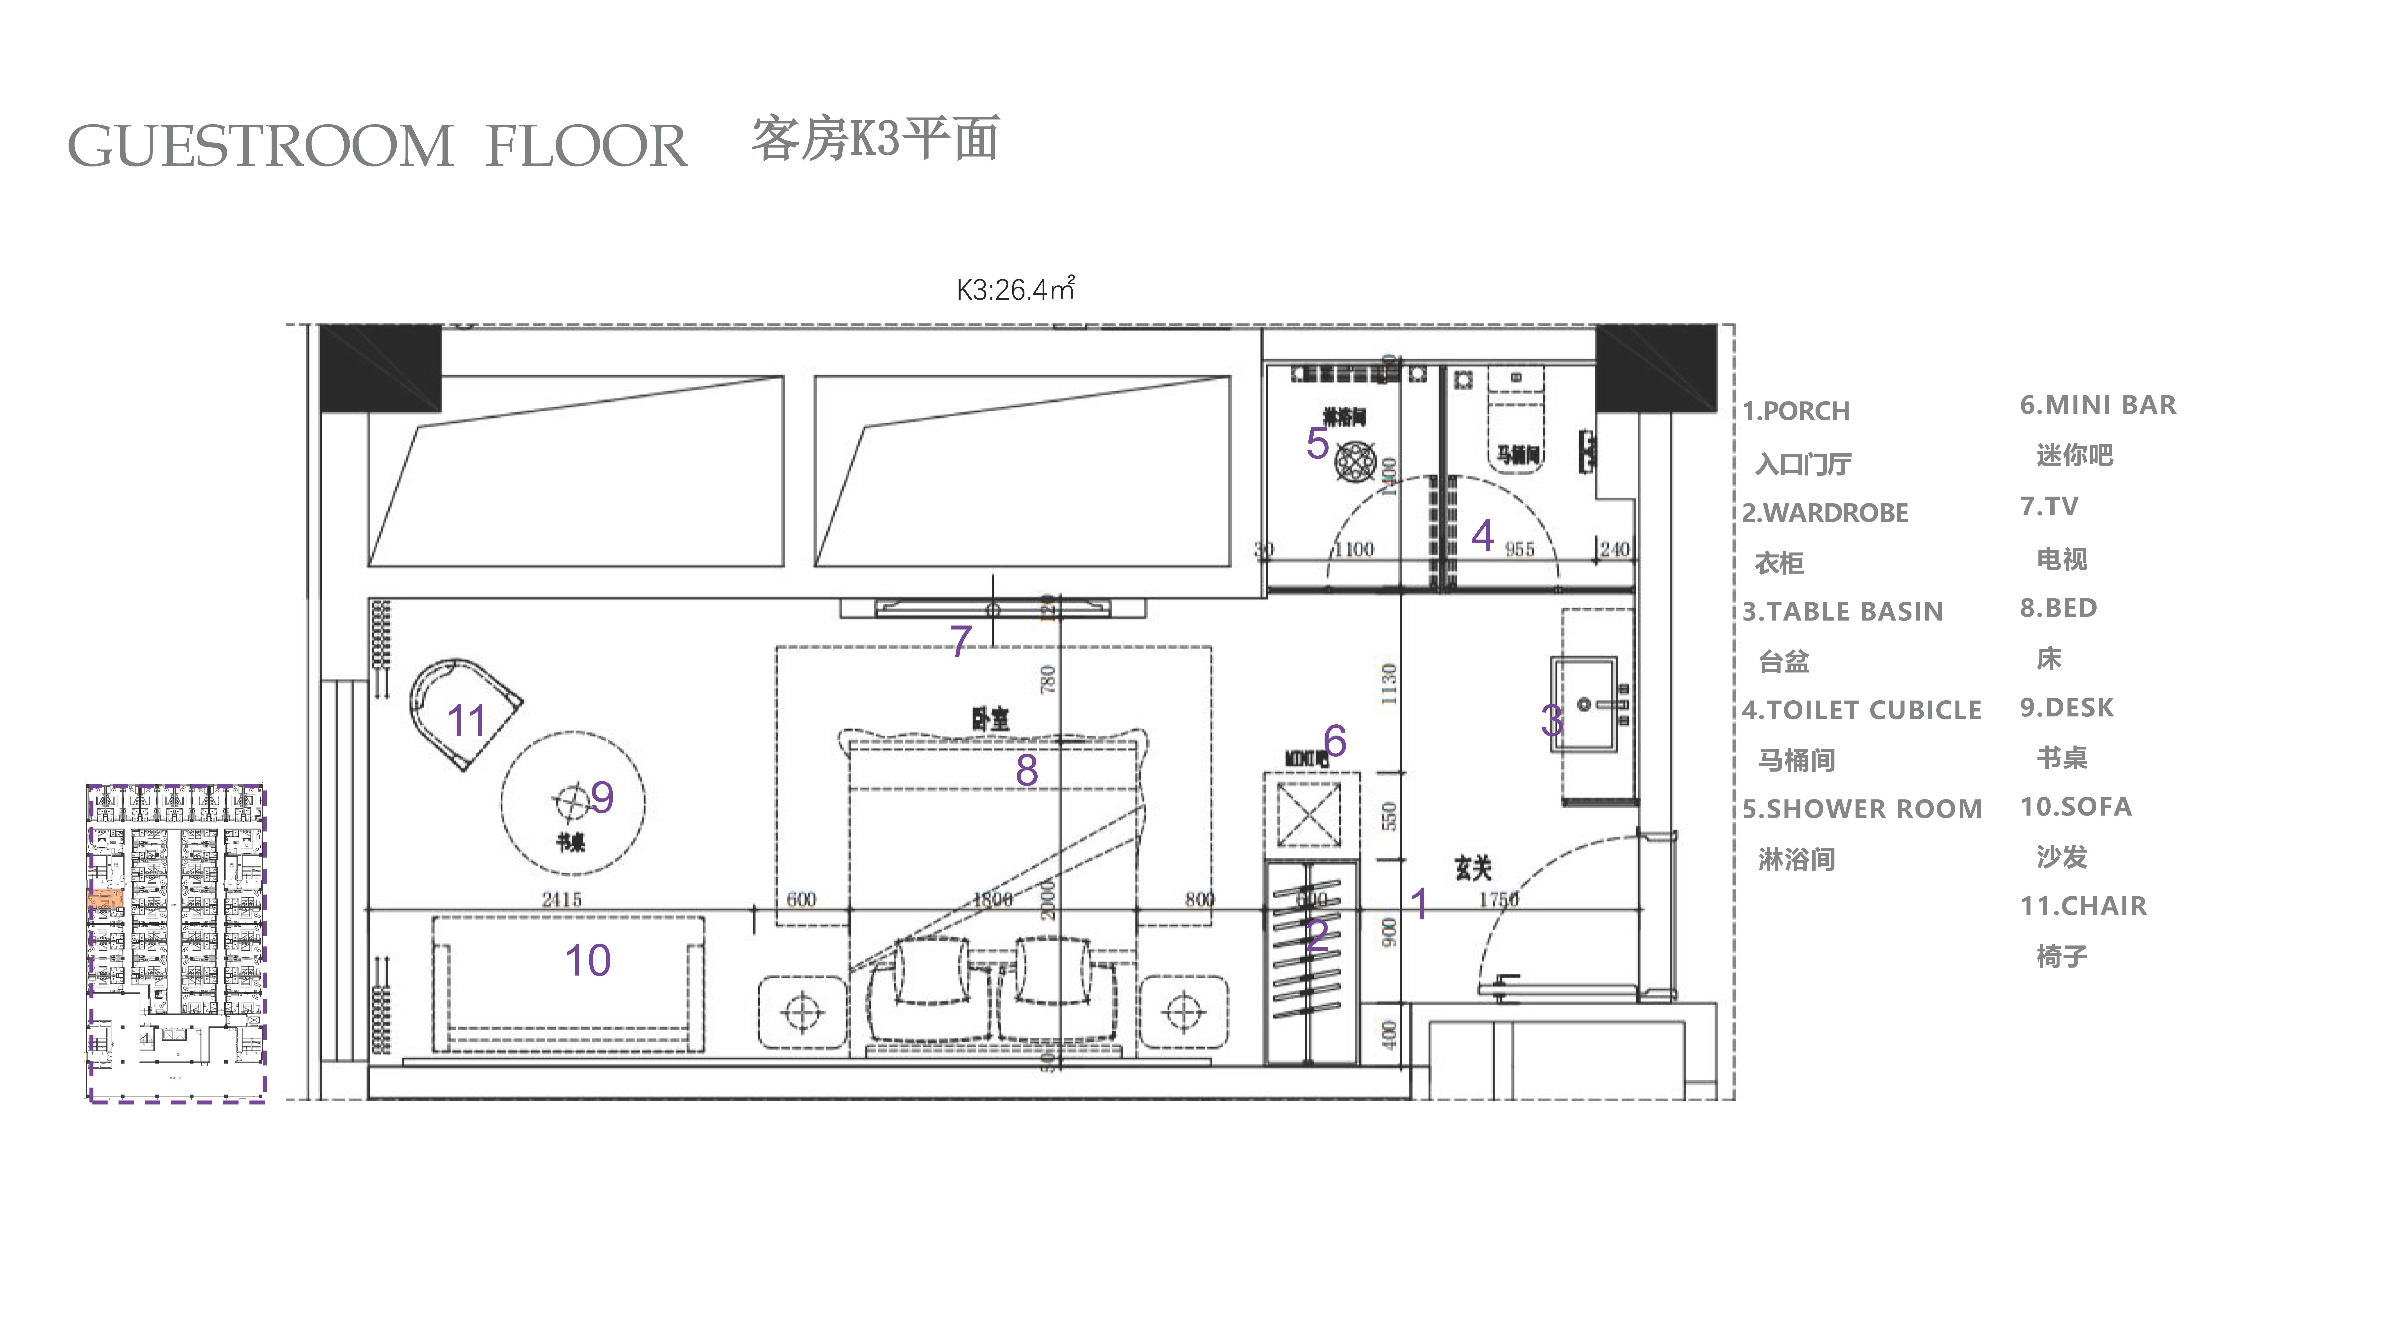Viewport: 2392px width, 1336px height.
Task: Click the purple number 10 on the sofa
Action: tap(588, 960)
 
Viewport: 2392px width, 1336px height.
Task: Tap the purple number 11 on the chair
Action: tap(466, 720)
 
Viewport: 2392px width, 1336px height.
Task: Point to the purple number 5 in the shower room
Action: tap(1317, 443)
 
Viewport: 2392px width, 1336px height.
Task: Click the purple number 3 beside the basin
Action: tap(1552, 720)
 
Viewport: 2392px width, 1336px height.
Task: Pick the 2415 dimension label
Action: tap(562, 899)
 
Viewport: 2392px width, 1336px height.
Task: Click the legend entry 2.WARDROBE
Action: tap(1825, 512)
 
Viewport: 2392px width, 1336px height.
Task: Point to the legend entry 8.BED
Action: tap(2058, 608)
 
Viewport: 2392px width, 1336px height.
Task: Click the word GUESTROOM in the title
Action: tap(260, 147)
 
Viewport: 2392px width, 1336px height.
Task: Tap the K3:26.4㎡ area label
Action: tap(1015, 290)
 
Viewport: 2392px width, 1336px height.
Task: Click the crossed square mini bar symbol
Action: tap(1309, 814)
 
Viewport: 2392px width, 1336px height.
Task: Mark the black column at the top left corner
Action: tap(381, 368)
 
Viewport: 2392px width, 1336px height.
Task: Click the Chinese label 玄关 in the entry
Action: tap(1473, 868)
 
